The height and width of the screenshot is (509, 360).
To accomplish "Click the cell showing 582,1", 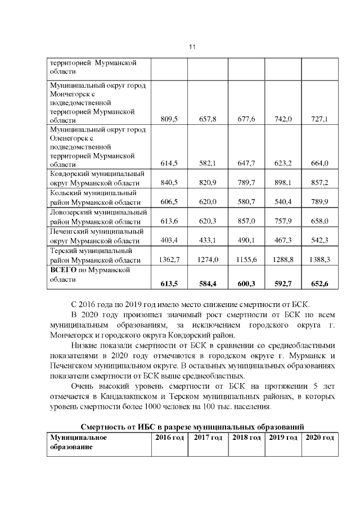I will coord(208,163).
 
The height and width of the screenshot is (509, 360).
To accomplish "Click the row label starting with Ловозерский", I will coord(98,217).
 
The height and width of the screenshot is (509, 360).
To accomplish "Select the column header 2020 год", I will coord(319,437).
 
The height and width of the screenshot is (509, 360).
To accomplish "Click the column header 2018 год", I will coord(246,437).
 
